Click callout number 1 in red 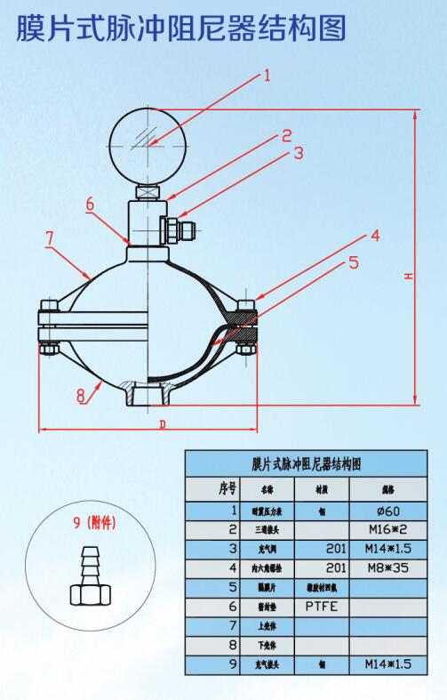point(266,76)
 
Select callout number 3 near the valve point(299,152)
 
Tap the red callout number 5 point(353,262)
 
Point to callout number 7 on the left point(50,237)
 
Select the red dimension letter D point(162,424)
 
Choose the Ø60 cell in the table point(392,511)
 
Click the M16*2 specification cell point(392,529)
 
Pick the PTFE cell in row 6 point(320,606)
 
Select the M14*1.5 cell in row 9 point(392,664)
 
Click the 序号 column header point(212,488)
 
